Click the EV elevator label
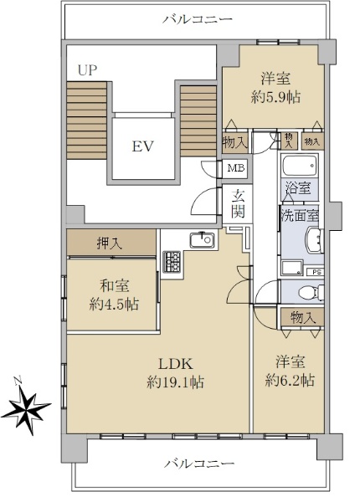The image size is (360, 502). coord(143,146)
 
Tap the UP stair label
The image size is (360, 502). coord(87,70)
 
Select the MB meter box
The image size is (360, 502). coord(236,168)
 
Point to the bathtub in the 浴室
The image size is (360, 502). coord(300,165)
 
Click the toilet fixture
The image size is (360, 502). coord(311,292)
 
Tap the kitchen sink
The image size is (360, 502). coord(202,240)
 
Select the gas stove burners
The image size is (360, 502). coord(172,261)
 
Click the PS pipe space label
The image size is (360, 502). coord(316,272)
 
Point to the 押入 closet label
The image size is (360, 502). coord(110,244)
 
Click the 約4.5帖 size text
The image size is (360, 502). coord(114,305)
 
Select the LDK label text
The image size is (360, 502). coord(176,364)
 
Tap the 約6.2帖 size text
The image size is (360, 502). coord(290,381)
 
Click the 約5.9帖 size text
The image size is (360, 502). coord(275,97)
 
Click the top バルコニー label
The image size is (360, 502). coord(198,19)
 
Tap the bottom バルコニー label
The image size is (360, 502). coord(199,463)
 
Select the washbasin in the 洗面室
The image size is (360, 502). coord(315,240)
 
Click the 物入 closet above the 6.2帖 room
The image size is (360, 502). coord(303,317)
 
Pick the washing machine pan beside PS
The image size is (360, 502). coord(292,268)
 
